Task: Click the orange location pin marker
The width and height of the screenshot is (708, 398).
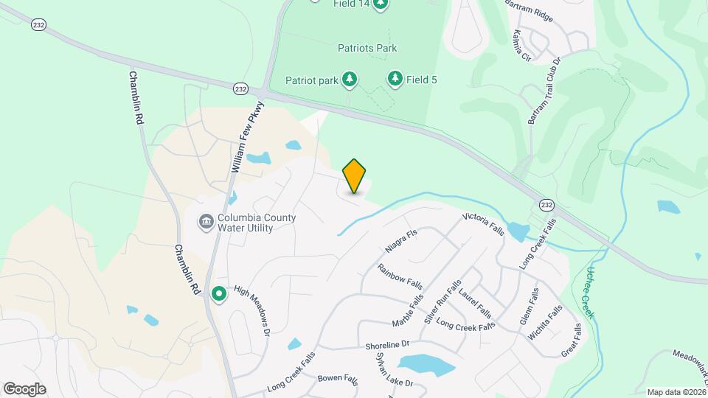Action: (x=355, y=176)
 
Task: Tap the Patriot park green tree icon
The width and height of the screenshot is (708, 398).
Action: (x=350, y=79)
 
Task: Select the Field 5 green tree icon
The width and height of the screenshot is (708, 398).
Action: (x=395, y=79)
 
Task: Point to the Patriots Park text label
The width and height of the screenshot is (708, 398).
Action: (x=367, y=49)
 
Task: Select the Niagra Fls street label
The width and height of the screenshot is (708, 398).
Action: (x=401, y=241)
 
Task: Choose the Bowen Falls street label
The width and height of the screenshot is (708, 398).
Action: (x=337, y=380)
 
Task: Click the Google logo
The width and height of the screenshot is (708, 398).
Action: (x=24, y=388)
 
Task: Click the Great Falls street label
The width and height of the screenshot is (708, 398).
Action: (x=572, y=341)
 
